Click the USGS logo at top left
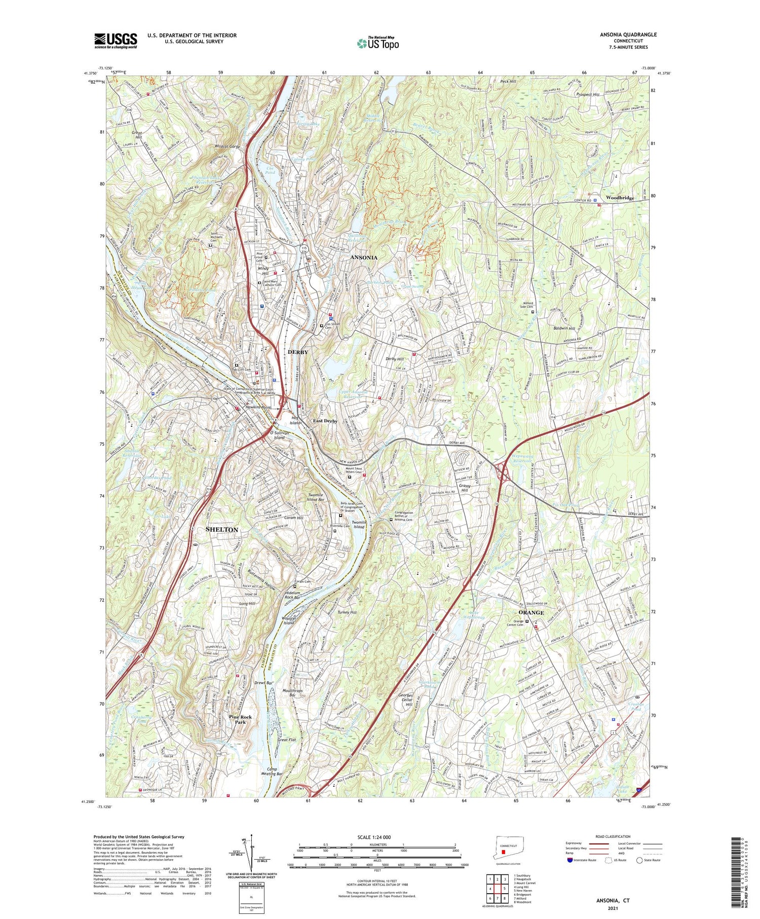pos(116,41)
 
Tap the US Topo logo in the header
pos(377,44)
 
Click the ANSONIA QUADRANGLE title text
pos(628,34)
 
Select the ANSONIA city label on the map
pos(364,258)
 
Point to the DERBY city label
pos(297,352)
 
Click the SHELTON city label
pos(222,529)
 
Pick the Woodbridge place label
pos(620,198)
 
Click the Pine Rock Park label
pos(240,719)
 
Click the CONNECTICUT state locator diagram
pos(509,852)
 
